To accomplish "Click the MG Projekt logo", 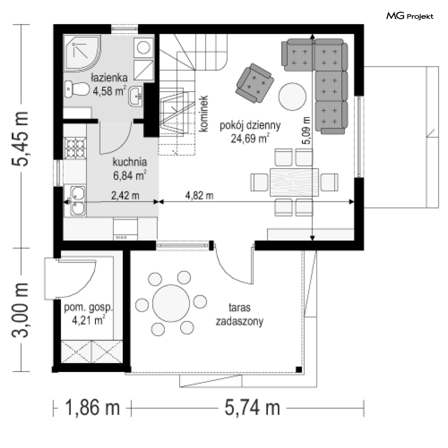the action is coord(410,16).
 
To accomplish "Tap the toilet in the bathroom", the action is coord(77,89).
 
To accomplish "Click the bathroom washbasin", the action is coord(136,96).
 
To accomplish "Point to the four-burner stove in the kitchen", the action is coord(75,148).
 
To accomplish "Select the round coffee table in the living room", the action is coord(292,97).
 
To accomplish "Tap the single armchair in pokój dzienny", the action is coord(254,83).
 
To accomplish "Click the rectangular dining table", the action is coord(294,182).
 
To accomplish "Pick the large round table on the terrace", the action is coord(171,303).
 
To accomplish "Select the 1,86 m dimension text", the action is coord(92,408).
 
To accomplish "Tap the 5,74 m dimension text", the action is coord(252,408).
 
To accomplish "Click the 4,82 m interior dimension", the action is coord(199,195).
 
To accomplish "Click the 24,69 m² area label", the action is coord(250,138).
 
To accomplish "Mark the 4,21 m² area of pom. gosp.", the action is coord(88,320).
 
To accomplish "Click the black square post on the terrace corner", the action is coord(299,369).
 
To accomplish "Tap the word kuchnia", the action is coord(130,162).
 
